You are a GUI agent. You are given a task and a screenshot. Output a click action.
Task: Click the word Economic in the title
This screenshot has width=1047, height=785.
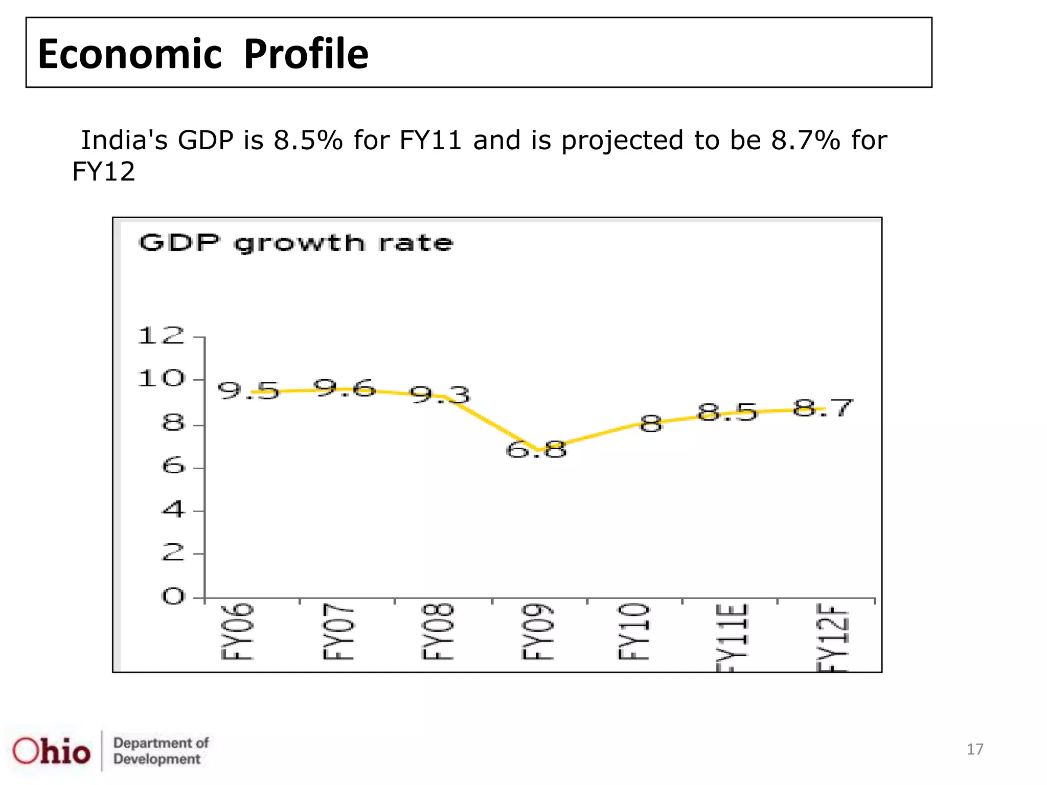[130, 54]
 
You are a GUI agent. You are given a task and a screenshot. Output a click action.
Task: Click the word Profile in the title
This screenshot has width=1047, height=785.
[306, 54]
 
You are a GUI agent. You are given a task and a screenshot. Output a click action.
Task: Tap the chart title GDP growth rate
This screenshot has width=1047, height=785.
[295, 243]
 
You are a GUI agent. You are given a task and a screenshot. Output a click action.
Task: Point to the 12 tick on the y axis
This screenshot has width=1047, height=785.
[161, 336]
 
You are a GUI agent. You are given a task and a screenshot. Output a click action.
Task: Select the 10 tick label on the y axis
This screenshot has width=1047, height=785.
[161, 379]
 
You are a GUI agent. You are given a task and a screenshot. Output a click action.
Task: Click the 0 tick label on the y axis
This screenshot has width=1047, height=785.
[173, 596]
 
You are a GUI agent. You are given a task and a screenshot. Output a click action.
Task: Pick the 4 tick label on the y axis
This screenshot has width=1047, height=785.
[173, 510]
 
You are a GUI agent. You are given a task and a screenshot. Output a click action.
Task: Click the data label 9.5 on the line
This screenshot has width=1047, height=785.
[248, 391]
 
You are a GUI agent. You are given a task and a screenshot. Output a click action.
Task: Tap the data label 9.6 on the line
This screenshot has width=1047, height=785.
[344, 388]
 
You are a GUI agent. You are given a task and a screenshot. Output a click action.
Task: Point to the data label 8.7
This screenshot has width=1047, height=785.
[823, 408]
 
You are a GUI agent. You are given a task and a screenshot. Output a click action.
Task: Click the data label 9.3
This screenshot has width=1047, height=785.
[440, 395]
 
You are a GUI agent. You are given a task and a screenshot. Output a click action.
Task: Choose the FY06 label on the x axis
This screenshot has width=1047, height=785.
[237, 632]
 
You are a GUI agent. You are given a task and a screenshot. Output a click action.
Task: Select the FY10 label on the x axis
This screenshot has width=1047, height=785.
[634, 632]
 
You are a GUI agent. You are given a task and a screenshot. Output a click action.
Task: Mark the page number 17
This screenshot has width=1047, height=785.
[974, 749]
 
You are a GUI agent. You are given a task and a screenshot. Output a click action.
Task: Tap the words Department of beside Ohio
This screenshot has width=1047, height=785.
[161, 743]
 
